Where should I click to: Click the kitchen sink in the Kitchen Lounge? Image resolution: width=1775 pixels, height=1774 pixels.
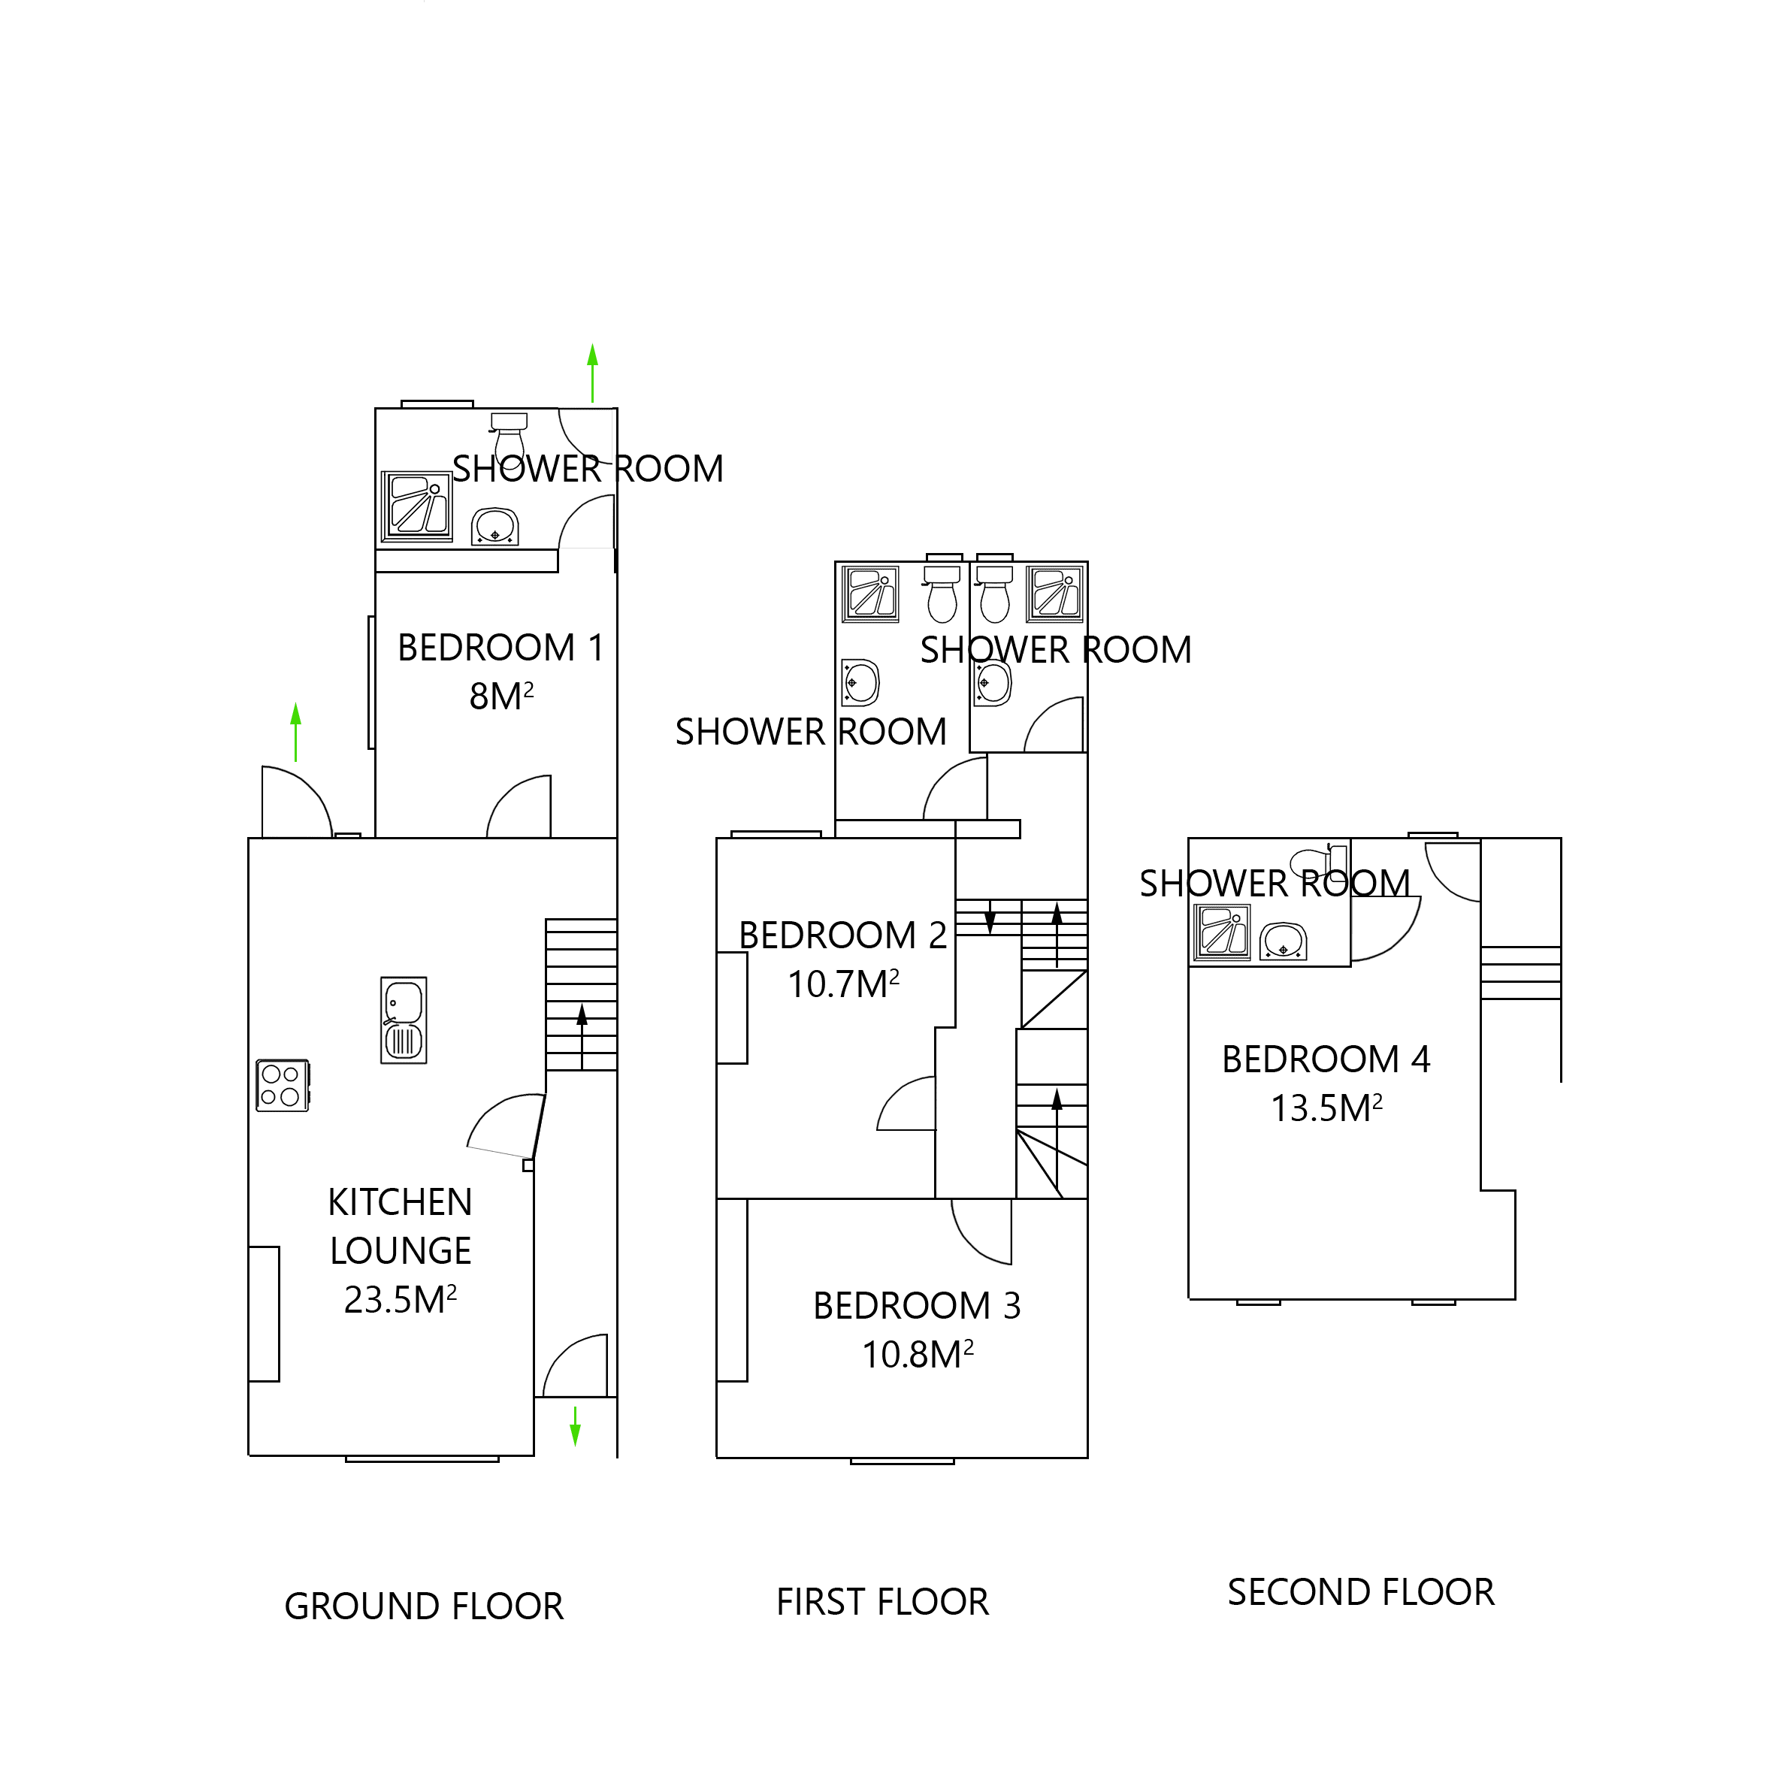coord(404,1020)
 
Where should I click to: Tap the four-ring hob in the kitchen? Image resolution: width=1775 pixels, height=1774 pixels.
coord(281,1085)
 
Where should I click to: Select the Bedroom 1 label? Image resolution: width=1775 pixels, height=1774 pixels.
coord(500,648)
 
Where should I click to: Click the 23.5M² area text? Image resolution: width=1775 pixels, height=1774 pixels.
coord(401,1299)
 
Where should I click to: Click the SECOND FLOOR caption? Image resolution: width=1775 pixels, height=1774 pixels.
coord(1361,1592)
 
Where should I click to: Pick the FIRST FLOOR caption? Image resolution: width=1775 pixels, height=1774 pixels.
coord(882,1601)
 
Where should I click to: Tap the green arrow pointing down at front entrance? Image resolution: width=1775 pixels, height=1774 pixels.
coord(576,1426)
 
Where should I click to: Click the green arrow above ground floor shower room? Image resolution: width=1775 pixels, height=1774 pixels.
coord(593,372)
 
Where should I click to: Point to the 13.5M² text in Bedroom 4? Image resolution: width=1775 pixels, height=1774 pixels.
coord(1326,1108)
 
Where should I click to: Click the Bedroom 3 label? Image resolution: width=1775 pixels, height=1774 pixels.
coord(917,1305)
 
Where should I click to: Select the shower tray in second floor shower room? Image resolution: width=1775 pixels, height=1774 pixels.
coord(1221,932)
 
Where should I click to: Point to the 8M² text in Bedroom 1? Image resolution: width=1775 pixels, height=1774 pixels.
coord(500,697)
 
